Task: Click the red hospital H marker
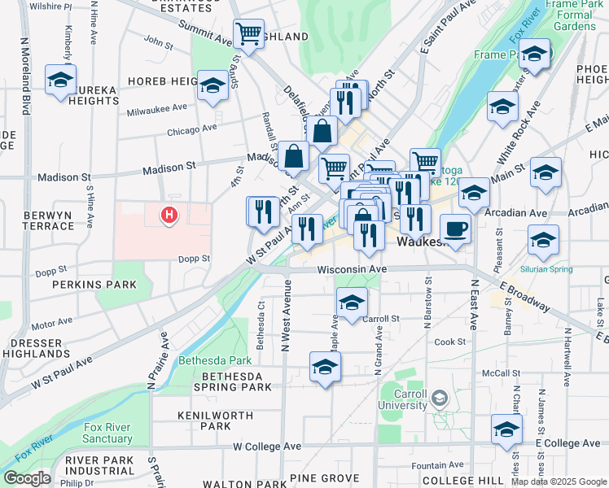click(x=169, y=216)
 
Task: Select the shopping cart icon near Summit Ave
click(x=249, y=33)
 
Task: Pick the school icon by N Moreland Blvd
click(x=60, y=80)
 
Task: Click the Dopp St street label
click(x=195, y=259)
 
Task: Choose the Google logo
click(x=27, y=477)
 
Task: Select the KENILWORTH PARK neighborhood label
click(x=204, y=420)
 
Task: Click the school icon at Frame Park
click(x=534, y=54)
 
